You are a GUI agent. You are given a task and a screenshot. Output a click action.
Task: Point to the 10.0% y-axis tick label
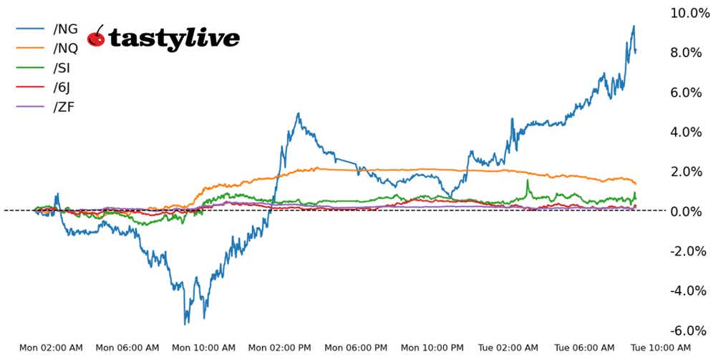pyautogui.click(x=688, y=13)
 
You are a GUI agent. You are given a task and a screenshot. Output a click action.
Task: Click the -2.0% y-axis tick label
pyautogui.click(x=690, y=251)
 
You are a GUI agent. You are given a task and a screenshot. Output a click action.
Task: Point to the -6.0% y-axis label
pyautogui.click(x=690, y=331)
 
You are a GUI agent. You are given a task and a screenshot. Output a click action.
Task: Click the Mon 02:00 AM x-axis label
pyautogui.click(x=51, y=349)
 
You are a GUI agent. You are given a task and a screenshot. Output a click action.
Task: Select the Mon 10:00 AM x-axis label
pyautogui.click(x=204, y=349)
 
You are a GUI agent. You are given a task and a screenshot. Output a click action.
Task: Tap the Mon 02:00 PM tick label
pyautogui.click(x=280, y=349)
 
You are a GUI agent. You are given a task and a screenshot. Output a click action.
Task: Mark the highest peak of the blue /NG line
pyautogui.click(x=634, y=26)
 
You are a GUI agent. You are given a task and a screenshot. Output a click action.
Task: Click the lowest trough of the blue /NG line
pyautogui.click(x=185, y=323)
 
